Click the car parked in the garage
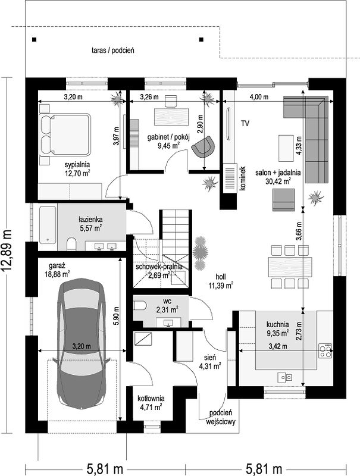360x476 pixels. tap(82, 344)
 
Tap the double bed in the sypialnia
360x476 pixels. tap(65, 134)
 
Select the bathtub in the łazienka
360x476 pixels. tap(48, 225)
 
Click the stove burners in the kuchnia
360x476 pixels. tap(325, 350)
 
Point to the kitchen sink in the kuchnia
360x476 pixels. tap(284, 377)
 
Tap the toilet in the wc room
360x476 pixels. tap(140, 305)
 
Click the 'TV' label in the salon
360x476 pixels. tap(245, 123)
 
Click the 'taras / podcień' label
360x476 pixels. tap(113, 51)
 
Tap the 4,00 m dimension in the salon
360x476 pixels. tap(259, 97)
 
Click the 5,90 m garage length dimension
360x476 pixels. tap(116, 316)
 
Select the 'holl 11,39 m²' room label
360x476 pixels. tap(221, 281)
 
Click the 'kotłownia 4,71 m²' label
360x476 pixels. tap(151, 403)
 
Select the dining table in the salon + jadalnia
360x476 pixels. tap(290, 267)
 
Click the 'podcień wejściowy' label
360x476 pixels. tap(221, 417)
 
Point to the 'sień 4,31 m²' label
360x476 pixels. tap(210, 362)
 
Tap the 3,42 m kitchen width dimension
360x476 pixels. tap(278, 346)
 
